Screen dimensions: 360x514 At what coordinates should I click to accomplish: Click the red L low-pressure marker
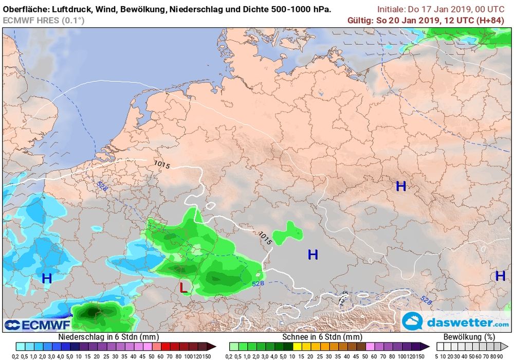click(183, 287)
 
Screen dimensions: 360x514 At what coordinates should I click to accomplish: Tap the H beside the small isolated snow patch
click(313, 254)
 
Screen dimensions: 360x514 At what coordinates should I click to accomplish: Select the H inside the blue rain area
click(47, 279)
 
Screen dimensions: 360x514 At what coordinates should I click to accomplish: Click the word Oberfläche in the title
click(26, 9)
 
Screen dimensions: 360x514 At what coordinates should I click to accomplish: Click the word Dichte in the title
click(258, 9)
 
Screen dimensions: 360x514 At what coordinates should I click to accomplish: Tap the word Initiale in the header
click(391, 9)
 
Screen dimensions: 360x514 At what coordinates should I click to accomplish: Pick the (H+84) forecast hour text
click(491, 20)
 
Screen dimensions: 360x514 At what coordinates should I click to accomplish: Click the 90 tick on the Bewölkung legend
click(505, 356)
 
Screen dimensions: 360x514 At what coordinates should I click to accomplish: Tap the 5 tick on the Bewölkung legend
click(436, 356)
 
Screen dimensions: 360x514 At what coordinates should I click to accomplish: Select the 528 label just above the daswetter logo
click(425, 299)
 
